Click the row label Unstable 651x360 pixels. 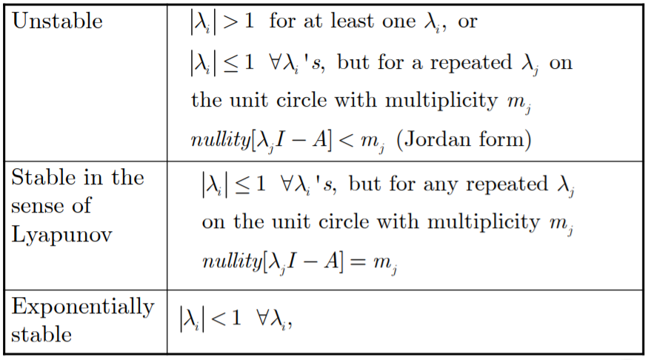tap(57, 21)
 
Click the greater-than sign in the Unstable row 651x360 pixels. tap(232, 21)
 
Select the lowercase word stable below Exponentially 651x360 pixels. tap(41, 334)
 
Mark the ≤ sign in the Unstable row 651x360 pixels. tap(232, 62)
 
